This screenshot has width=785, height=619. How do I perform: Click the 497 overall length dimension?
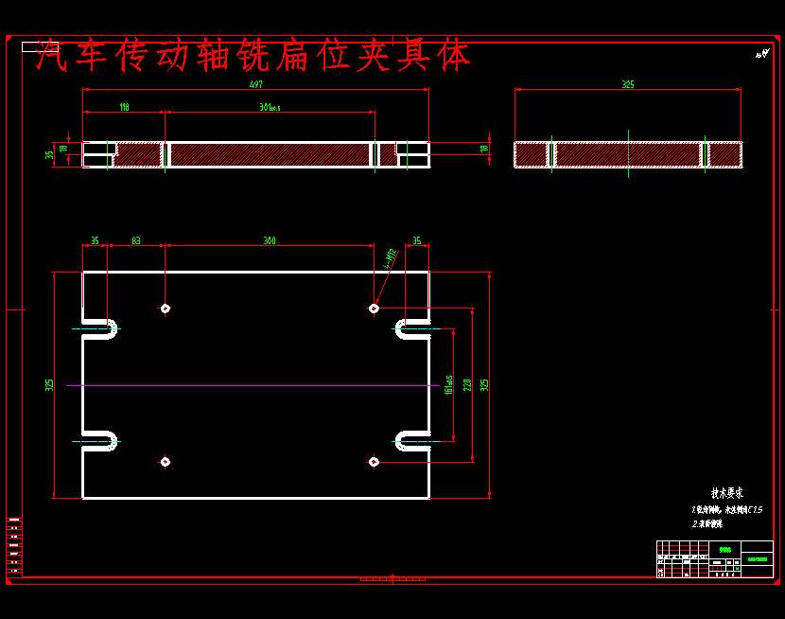coord(255,84)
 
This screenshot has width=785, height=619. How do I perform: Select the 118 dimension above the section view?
coord(124,107)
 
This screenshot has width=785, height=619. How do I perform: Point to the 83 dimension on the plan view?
coord(136,240)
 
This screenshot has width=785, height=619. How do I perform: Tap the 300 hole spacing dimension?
coord(270,240)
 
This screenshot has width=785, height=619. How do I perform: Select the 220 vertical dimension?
coord(467,385)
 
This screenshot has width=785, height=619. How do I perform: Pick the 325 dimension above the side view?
coord(628,84)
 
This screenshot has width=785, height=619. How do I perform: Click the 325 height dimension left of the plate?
coord(49,385)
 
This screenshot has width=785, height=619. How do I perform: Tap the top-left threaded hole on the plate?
coord(166,309)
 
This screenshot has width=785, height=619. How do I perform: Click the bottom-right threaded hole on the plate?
coord(374,462)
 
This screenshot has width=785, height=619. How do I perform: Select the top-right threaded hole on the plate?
coord(374,309)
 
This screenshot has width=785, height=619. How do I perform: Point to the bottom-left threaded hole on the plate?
coord(166,462)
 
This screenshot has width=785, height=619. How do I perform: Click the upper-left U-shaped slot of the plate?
coord(102,328)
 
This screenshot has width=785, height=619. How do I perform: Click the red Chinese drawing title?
coord(253,57)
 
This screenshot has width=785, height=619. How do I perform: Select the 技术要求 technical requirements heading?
coord(726,493)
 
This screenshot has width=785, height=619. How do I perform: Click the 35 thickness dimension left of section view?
coord(49,154)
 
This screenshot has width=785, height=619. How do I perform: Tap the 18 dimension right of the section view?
coord(484,149)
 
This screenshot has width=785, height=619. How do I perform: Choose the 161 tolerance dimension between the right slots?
coord(447,385)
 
